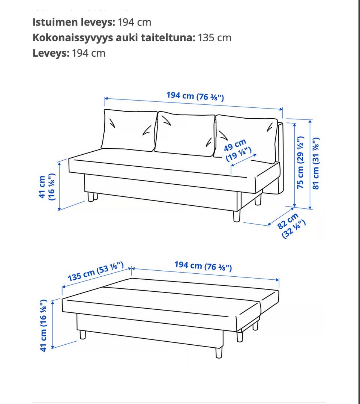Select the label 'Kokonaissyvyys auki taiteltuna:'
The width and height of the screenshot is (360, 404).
click(114, 38)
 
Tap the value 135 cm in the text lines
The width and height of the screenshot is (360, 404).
click(214, 38)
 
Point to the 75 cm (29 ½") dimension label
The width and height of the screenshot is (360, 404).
click(300, 162)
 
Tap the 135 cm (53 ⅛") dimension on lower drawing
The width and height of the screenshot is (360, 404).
click(95, 272)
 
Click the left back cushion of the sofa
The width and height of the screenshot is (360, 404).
click(129, 130)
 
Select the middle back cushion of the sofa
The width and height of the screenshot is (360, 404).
click(184, 134)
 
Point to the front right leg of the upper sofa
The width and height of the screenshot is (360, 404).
click(237, 216)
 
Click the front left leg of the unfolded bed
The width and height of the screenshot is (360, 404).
click(82, 335)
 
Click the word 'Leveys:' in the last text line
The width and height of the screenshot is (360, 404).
click(51, 53)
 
